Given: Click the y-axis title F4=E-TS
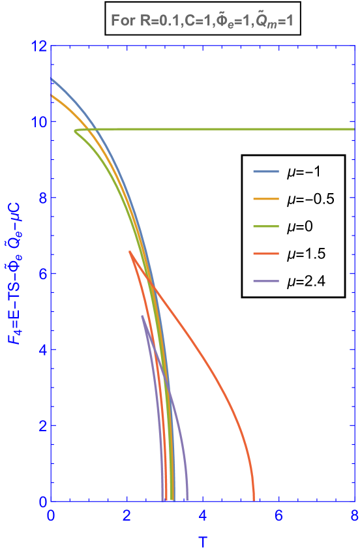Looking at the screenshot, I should [15, 273].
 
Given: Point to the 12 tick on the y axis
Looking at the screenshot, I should [37, 46].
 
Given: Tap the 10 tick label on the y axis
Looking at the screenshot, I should [37, 122].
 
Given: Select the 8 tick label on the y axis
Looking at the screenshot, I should [40, 198].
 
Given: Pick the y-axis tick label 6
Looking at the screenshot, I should [40, 274].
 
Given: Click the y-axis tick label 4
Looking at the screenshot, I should [40, 350].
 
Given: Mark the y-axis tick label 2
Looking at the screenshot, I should [40, 425].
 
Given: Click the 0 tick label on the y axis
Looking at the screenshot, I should [40, 502].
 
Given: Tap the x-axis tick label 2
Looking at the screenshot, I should [127, 515].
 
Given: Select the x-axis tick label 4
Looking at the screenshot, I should [203, 515].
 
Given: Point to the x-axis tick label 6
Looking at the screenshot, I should [278, 515].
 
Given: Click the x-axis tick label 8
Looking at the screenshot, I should [354, 515].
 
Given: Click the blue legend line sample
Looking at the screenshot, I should [266, 172].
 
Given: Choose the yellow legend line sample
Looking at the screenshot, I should [266, 199].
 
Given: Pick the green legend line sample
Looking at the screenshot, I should [266, 226].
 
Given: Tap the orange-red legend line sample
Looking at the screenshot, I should [266, 254].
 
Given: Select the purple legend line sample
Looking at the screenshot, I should [266, 281].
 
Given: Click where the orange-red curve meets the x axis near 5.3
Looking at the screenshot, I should [254, 500].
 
